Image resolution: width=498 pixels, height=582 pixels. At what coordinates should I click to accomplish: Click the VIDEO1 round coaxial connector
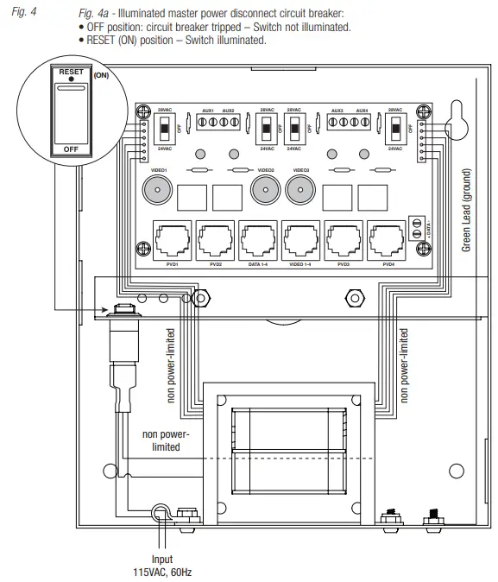[160, 191]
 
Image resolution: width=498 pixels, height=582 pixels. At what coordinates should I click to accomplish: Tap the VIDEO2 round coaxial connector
[264, 191]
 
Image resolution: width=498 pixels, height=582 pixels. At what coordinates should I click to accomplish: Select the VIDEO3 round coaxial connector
[301, 191]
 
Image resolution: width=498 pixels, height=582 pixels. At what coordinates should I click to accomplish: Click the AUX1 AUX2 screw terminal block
[218, 123]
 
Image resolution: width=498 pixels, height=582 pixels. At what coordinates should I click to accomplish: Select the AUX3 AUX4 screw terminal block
[349, 123]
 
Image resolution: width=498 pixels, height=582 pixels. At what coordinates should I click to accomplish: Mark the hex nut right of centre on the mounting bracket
[352, 298]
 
